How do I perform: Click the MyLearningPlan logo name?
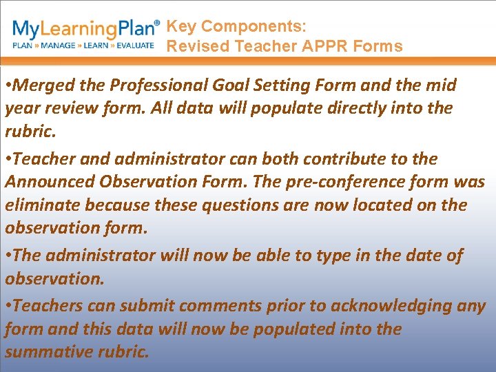pyautogui.click(x=86, y=30)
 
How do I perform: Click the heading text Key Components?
pyautogui.click(x=236, y=27)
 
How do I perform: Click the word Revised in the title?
pyautogui.click(x=198, y=47)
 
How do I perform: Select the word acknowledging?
pyautogui.click(x=406, y=306)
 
